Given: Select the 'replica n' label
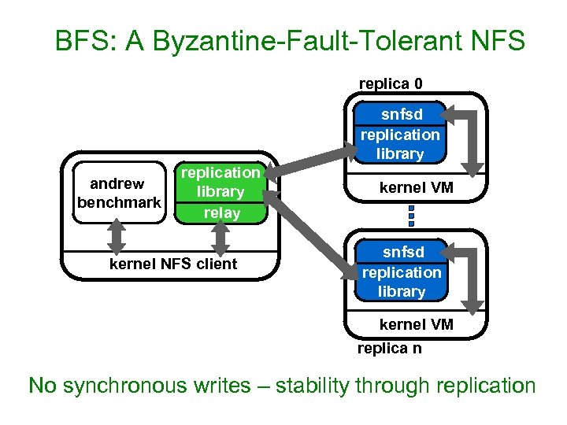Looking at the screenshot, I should (389, 348).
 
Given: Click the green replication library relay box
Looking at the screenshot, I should (220, 192).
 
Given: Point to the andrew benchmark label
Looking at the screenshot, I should (118, 193).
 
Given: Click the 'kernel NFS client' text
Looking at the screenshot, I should (173, 264).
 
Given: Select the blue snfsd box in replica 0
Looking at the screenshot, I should (400, 134).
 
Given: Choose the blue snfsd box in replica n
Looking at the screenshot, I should (401, 272).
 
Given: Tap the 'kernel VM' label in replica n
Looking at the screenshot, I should (416, 324).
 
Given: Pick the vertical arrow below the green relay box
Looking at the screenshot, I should (220, 234).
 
